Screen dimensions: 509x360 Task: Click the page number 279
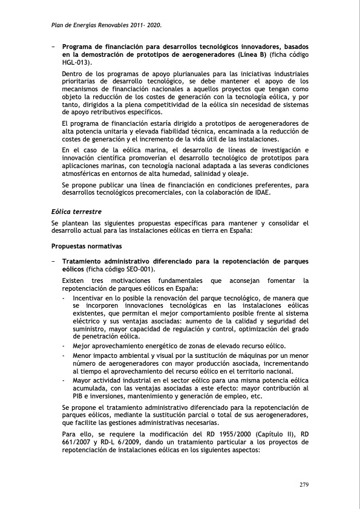coord(304,485)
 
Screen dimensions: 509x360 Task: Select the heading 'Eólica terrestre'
coord(76,212)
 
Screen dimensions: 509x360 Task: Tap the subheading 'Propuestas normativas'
coord(87,246)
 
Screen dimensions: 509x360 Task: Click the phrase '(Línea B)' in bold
coord(249,54)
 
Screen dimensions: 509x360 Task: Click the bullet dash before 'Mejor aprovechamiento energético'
coord(65,346)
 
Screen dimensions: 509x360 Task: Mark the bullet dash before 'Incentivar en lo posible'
coord(65,298)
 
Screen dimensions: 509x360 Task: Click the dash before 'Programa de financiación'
coord(54,47)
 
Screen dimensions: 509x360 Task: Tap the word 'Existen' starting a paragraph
coord(75,280)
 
